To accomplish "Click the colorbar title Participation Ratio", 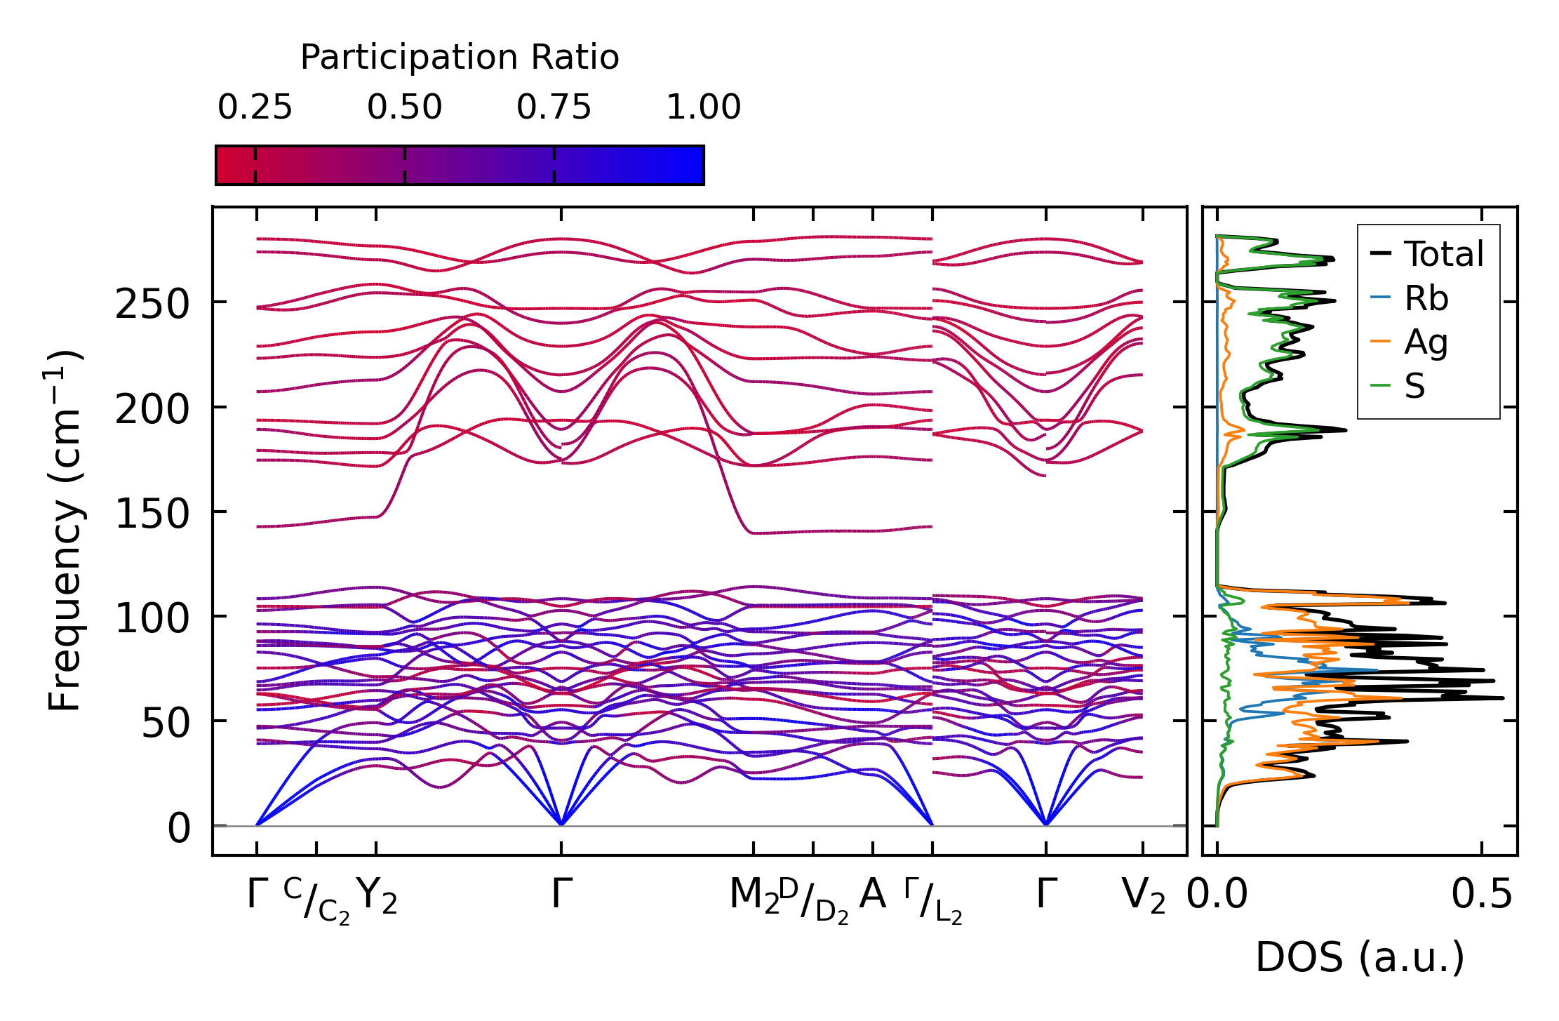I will [460, 58].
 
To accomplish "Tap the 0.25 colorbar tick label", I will [255, 108].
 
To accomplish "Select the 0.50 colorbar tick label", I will [405, 108].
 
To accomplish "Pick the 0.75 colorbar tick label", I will [554, 108].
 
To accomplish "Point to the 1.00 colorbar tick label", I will [703, 108].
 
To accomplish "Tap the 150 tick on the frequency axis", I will [152, 514].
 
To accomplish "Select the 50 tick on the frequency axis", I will [166, 723].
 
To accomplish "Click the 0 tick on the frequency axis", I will [179, 829].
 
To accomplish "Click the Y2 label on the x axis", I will [377, 896].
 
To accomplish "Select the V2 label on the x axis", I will [1144, 896].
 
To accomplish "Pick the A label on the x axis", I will [872, 895].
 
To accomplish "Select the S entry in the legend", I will [1414, 386].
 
